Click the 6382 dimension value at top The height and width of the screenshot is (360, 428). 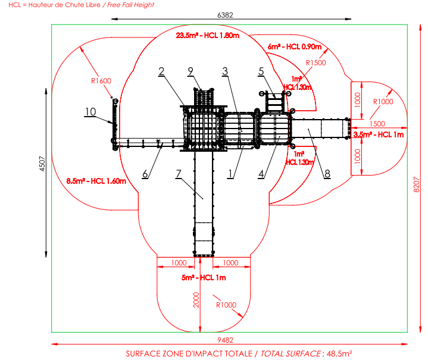[x=225, y=15]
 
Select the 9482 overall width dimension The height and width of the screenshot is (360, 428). [x=225, y=340]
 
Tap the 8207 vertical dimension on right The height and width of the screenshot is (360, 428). [x=416, y=184]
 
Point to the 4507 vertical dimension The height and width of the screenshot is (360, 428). [x=42, y=164]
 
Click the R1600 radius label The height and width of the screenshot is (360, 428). [x=101, y=81]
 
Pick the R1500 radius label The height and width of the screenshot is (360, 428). [x=316, y=62]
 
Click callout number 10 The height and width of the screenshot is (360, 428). [x=90, y=112]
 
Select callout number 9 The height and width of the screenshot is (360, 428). [x=190, y=71]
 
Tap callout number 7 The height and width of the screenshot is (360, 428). [x=179, y=174]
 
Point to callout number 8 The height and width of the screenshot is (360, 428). [x=327, y=174]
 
